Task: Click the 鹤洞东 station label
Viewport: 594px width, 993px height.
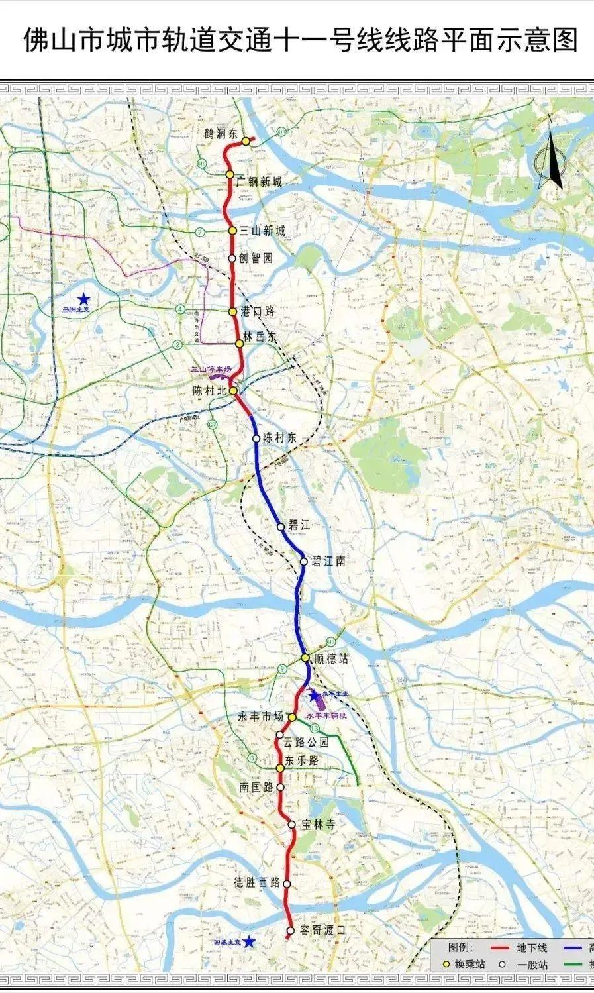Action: click(221, 134)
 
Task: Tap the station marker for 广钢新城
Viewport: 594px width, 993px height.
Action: click(230, 174)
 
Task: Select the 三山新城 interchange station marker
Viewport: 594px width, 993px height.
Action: click(232, 231)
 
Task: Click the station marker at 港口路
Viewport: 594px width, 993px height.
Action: click(232, 311)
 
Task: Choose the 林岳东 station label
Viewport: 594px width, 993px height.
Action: click(260, 337)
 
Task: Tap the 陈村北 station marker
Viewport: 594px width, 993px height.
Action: click(233, 391)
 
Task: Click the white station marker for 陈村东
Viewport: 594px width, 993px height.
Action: click(256, 438)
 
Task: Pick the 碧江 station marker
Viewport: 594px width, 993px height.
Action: click(281, 527)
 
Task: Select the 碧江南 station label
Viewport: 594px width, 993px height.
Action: click(328, 561)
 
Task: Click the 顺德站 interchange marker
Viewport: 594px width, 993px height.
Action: click(305, 658)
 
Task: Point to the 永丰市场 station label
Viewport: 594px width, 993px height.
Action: click(261, 717)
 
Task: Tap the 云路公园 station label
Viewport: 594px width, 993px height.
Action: click(306, 743)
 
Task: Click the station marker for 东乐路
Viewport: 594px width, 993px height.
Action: click(280, 768)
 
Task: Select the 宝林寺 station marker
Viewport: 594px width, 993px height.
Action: click(292, 825)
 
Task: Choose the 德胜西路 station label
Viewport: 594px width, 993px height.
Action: click(258, 883)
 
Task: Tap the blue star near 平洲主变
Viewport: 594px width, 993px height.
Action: click(83, 299)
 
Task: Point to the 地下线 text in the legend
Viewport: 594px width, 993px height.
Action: click(533, 949)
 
